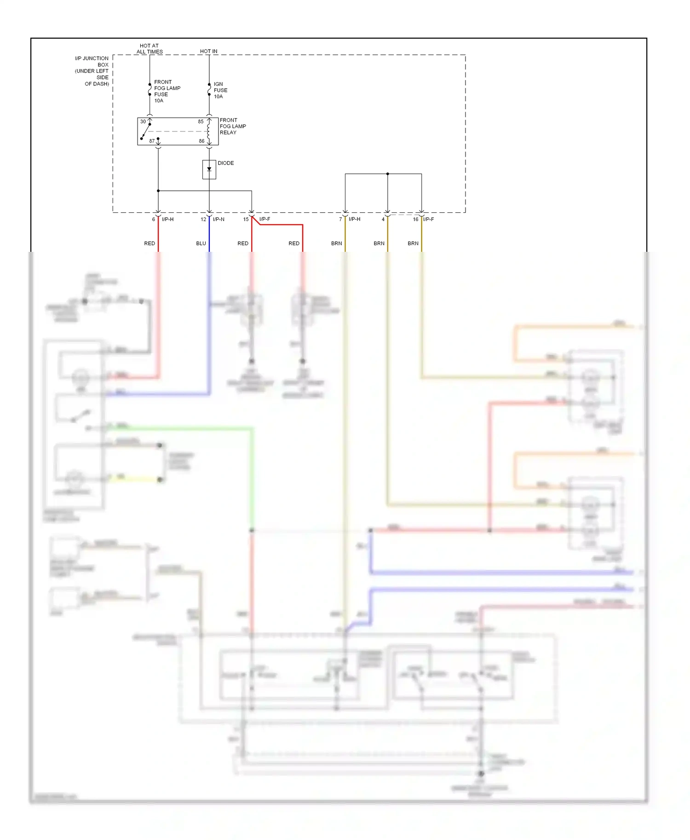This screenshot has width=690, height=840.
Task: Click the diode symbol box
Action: [209, 170]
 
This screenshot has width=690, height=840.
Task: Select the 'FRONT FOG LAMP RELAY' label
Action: [232, 126]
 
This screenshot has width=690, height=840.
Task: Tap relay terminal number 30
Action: [143, 122]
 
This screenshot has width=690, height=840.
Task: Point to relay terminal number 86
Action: [201, 141]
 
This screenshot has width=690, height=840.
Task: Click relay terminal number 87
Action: [152, 141]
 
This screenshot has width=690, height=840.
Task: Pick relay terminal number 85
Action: [201, 122]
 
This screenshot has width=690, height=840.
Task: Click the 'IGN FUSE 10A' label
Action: [220, 91]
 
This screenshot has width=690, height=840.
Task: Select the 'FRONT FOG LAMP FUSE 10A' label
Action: [167, 91]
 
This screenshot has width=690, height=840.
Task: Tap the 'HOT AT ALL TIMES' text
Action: [149, 49]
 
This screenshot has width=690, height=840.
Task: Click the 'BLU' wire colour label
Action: [201, 244]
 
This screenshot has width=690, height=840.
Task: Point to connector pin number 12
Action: [203, 220]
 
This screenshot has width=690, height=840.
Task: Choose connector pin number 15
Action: [246, 220]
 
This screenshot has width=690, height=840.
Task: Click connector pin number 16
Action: [415, 220]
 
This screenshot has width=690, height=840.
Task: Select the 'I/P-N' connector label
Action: [218, 220]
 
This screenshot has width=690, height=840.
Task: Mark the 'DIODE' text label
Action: [225, 163]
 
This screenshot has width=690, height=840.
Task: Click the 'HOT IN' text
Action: [208, 51]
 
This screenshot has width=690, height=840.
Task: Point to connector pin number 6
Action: [154, 220]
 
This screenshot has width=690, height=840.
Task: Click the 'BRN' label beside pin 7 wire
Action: [336, 244]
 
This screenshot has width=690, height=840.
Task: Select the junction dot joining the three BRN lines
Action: [387, 174]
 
